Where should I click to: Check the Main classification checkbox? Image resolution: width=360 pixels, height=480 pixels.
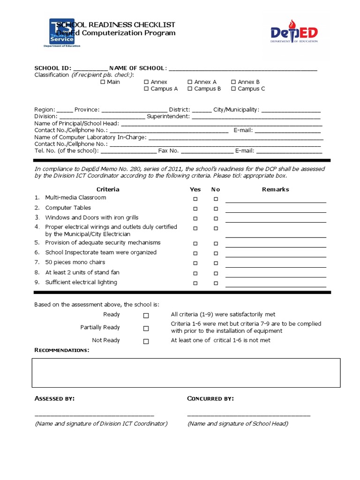click(x=103, y=82)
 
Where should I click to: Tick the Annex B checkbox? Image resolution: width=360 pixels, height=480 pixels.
click(x=233, y=82)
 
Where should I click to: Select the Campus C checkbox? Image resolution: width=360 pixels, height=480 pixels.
click(x=233, y=89)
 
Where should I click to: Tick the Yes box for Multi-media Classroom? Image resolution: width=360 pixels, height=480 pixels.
click(x=195, y=199)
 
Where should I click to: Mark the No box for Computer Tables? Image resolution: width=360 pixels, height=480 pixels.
click(x=216, y=209)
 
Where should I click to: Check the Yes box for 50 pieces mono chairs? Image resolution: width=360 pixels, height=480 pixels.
click(x=195, y=263)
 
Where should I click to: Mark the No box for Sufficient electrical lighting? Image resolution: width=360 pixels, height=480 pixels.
click(x=216, y=283)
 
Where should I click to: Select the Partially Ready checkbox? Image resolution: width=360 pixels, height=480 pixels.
click(x=146, y=329)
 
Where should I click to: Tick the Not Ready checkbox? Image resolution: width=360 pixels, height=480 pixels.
click(x=146, y=341)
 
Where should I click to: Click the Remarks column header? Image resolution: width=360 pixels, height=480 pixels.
click(x=275, y=189)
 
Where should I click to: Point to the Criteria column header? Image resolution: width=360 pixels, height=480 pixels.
click(x=108, y=189)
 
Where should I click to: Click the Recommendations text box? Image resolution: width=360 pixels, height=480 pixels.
click(x=186, y=373)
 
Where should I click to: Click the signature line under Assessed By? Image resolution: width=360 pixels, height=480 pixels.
click(x=94, y=415)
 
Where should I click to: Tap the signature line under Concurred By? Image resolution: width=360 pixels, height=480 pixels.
click(x=248, y=415)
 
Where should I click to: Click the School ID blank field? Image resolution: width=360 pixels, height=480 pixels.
click(x=90, y=69)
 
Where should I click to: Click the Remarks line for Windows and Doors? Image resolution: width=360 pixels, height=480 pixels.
click(x=276, y=221)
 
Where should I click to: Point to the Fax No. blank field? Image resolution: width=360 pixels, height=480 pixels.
click(x=207, y=152)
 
